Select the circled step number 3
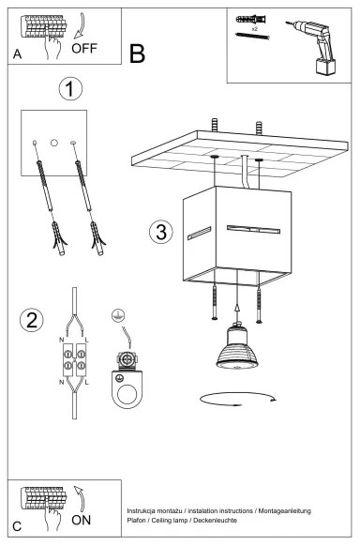pyautogui.click(x=161, y=231)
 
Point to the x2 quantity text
pyautogui.click(x=254, y=29)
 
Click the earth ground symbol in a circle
pyautogui.click(x=117, y=317)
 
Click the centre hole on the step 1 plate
pyautogui.click(x=54, y=143)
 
